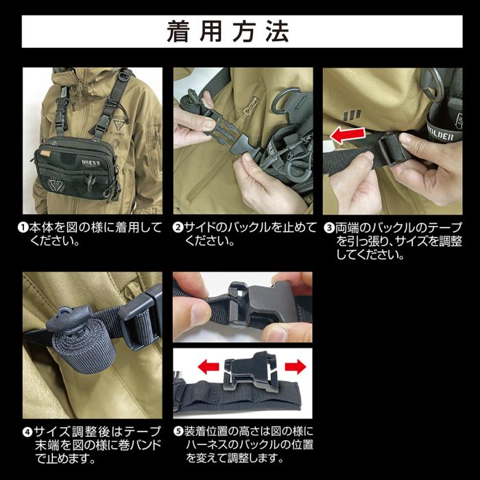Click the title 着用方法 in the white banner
228,32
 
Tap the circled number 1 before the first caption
23,228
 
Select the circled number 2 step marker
178,228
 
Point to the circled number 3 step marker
329,228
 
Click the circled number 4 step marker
27,432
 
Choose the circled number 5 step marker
178,431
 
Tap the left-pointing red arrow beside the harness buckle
208,366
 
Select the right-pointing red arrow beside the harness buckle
296,366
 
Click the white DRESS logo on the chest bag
91,163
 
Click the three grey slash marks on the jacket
352,115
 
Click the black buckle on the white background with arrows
252,371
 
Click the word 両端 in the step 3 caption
346,228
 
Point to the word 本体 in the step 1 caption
39,228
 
